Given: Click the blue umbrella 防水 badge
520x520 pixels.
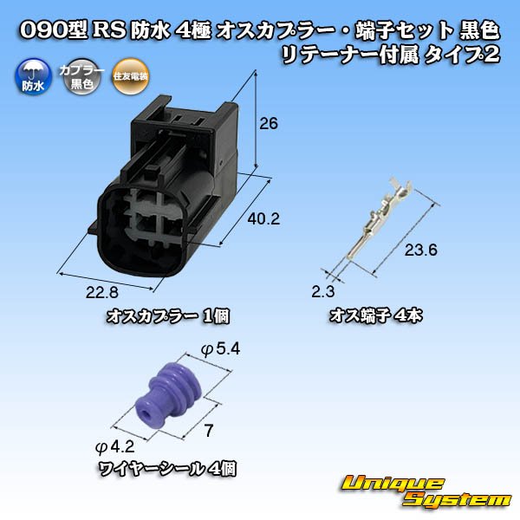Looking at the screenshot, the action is tap(33, 77).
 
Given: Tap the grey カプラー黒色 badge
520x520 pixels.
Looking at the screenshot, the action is tap(81, 77).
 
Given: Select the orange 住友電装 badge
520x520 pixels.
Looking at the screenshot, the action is tap(130, 77).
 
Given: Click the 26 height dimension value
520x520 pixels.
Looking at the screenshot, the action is tap(269, 124).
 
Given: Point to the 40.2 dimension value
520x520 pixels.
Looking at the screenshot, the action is tap(263, 219).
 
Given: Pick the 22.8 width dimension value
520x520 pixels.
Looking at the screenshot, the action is tap(101, 293).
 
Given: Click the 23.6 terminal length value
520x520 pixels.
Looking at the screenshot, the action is tap(421, 250).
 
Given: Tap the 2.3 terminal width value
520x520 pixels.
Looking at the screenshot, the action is tap(323, 291).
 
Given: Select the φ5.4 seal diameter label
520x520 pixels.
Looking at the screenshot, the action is tap(220, 349).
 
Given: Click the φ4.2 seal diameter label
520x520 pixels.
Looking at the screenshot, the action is tap(114, 447).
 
